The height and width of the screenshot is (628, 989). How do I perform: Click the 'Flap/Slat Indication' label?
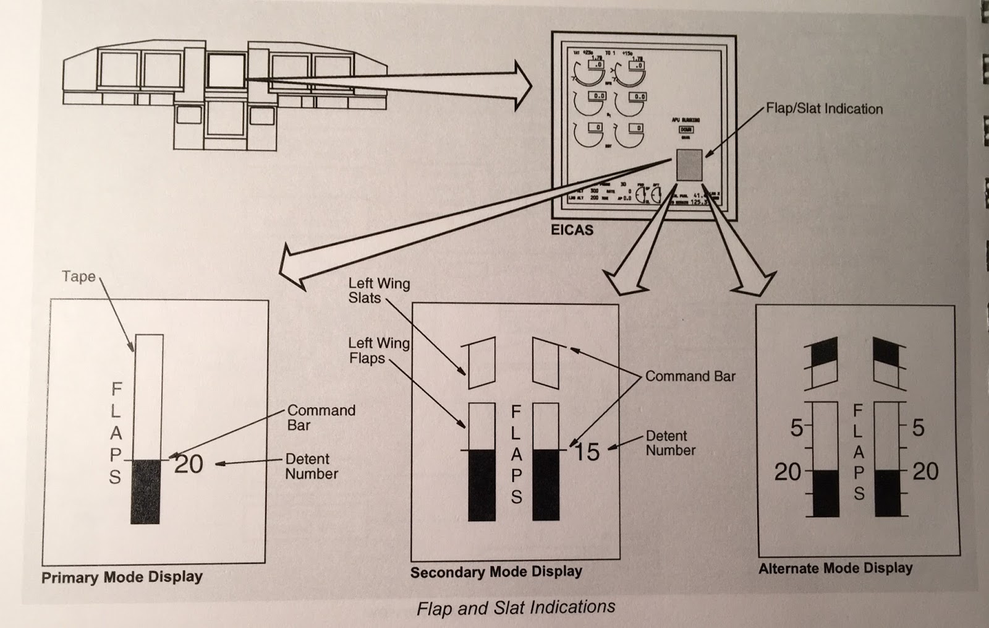click(x=824, y=109)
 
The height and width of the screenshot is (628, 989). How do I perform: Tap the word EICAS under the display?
click(x=572, y=230)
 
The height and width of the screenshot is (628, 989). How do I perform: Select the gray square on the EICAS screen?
click(x=689, y=165)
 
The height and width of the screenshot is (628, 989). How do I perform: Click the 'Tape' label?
click(x=79, y=277)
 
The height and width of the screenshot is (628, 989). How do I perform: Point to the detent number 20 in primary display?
click(x=189, y=463)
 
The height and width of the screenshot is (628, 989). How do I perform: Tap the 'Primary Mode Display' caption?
click(x=122, y=577)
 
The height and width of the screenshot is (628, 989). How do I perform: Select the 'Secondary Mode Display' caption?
click(x=496, y=572)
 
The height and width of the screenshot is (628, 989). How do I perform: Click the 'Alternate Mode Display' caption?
click(x=835, y=568)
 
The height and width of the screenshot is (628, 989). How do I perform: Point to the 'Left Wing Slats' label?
click(x=378, y=291)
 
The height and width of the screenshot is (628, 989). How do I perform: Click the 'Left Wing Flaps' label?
click(x=378, y=351)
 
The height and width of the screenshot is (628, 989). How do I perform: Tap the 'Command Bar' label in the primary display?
click(x=321, y=418)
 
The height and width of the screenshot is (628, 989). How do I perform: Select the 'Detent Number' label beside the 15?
click(x=670, y=443)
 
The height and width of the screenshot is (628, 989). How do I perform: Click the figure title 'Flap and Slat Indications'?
click(x=516, y=607)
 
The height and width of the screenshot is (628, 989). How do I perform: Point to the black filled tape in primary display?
click(x=145, y=492)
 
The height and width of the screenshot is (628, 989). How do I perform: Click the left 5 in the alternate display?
click(x=797, y=428)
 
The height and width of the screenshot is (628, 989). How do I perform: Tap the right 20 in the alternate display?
click(x=925, y=472)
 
